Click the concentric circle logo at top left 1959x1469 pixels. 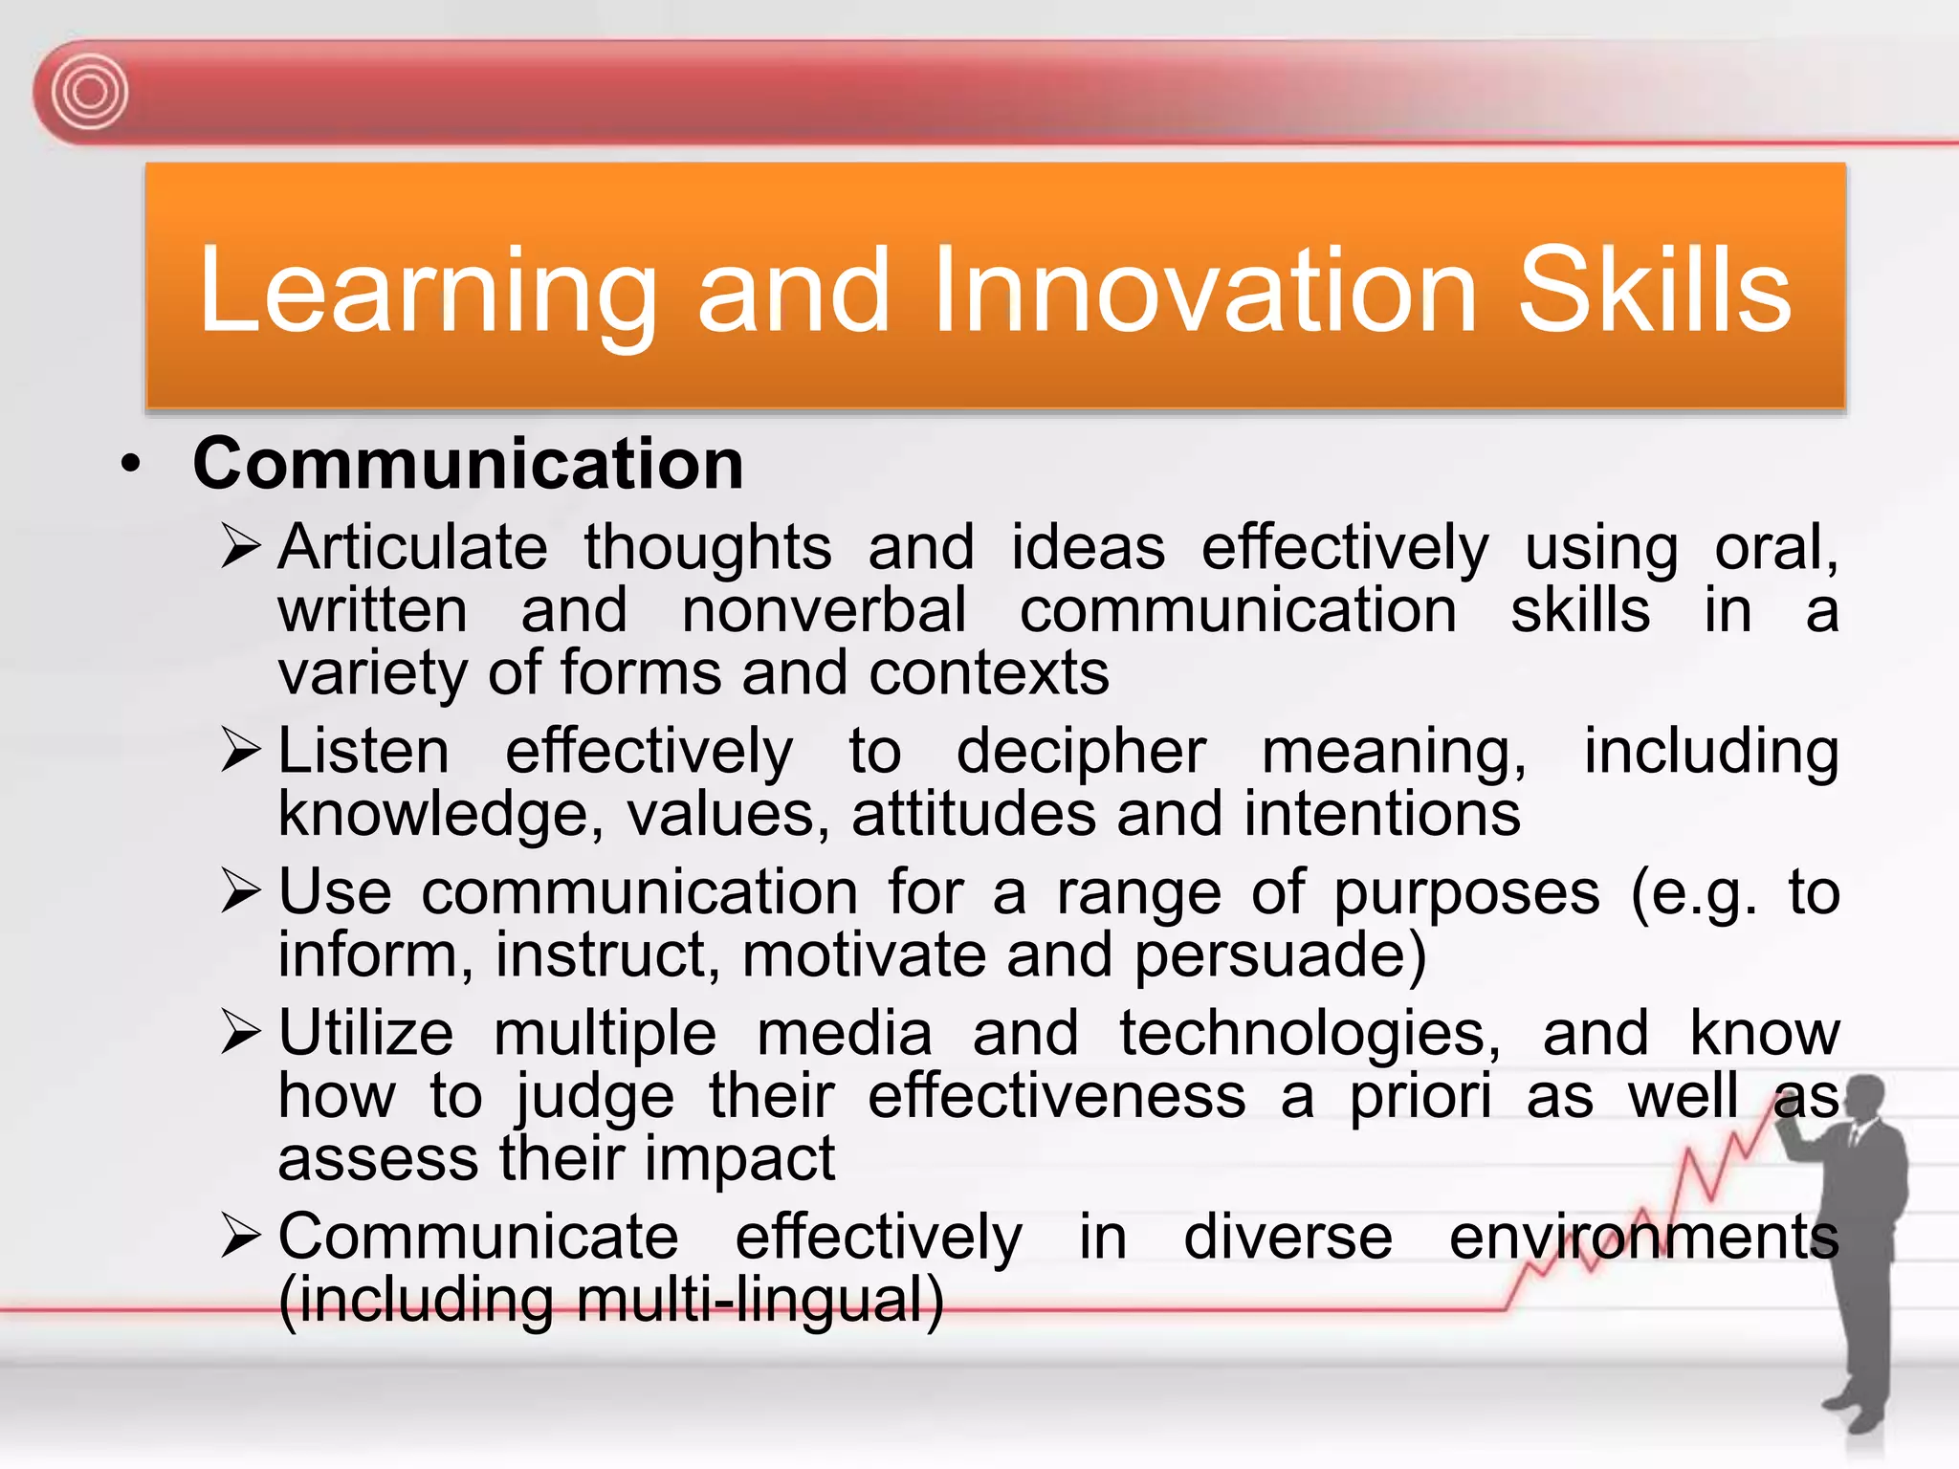89,93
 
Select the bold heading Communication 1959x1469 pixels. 468,464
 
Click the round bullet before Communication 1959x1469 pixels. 131,466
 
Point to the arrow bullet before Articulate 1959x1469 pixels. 240,547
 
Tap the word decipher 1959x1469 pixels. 1081,752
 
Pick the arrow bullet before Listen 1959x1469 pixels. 240,751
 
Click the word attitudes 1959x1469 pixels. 973,814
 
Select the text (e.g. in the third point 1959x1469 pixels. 1694,893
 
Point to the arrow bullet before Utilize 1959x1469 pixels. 240,1033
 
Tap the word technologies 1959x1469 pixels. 1310,1033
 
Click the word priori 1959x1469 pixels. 1420,1096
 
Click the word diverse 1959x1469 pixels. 1288,1237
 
